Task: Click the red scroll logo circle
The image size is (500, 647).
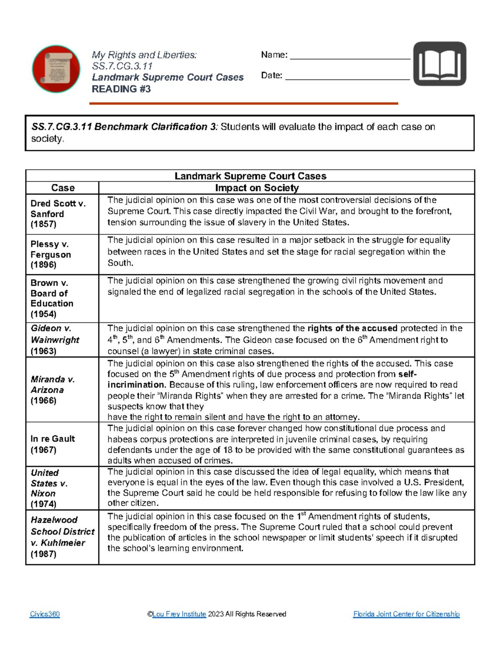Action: pos(56,69)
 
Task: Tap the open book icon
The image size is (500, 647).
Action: pos(440,64)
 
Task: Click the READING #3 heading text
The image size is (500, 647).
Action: pos(121,89)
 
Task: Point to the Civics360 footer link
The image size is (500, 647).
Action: pos(45,614)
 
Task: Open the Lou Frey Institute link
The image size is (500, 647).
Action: pos(179,614)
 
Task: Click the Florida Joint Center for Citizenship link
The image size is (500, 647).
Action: pos(406,614)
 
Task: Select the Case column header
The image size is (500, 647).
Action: pos(62,188)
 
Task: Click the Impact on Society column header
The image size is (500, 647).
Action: pos(257,188)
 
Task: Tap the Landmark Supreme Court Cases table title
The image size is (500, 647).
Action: pos(250,176)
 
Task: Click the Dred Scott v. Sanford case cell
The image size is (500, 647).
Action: pos(58,214)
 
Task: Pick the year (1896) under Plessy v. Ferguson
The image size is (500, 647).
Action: pos(43,265)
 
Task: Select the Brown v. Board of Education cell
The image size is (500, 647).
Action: pos(52,298)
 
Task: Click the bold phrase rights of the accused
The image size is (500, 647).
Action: pos(352,328)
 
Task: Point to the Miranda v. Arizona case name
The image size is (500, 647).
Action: pos(52,385)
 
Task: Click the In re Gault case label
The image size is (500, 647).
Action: pos(52,439)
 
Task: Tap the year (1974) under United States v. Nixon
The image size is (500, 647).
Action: pos(43,504)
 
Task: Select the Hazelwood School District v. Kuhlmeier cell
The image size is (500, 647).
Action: pos(62,537)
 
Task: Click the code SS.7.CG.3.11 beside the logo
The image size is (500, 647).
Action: pos(122,66)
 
